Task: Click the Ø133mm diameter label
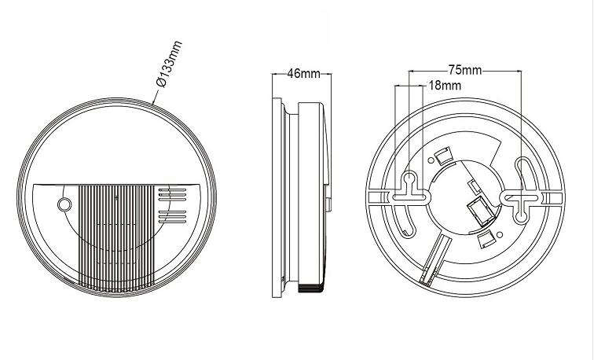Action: (170, 64)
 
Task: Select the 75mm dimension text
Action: (465, 70)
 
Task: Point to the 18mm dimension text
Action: (445, 86)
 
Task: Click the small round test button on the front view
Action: (64, 204)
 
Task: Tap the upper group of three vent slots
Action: (172, 195)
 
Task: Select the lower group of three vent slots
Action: (172, 216)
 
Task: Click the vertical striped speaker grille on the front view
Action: (116, 238)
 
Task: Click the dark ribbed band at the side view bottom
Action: (310, 288)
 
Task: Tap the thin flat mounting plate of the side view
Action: (277, 197)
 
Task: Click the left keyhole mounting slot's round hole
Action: (409, 178)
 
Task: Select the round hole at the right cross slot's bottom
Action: (521, 216)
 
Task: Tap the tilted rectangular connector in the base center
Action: (481, 211)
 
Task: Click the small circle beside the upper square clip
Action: (431, 160)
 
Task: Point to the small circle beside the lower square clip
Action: (500, 235)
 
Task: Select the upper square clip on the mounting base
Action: (443, 156)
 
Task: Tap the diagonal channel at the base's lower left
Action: (435, 259)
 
